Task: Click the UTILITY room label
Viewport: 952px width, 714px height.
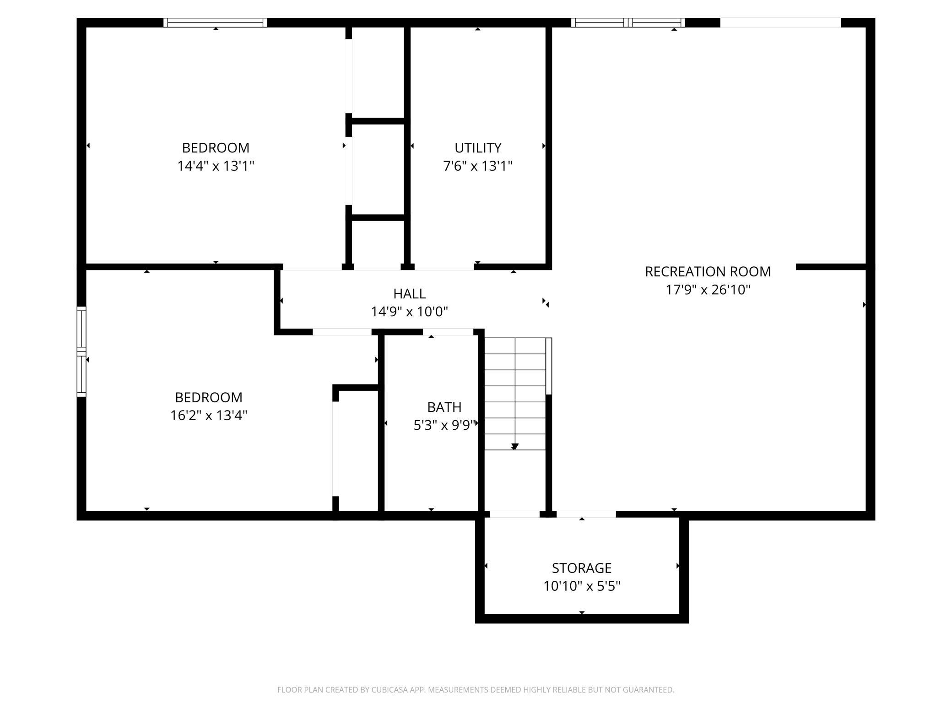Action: [x=478, y=148]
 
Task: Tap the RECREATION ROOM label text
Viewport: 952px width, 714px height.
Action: [x=708, y=272]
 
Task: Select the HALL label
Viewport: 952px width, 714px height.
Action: [x=409, y=294]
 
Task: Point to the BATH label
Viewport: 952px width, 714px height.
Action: [x=444, y=407]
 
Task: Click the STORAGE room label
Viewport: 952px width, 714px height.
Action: [x=582, y=568]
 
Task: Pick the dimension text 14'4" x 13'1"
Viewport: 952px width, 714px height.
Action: [x=216, y=166]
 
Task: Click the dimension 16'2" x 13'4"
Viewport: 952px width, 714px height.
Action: [x=209, y=415]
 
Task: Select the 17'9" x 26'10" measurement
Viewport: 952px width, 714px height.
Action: [x=708, y=290]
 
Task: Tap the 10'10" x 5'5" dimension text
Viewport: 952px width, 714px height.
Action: [x=582, y=586]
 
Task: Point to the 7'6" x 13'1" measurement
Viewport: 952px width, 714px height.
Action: [x=478, y=166]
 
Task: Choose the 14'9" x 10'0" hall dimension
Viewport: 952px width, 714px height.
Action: [x=409, y=312]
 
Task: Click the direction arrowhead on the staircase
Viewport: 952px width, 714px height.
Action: [x=515, y=447]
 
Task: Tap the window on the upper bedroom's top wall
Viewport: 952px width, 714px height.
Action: [x=215, y=23]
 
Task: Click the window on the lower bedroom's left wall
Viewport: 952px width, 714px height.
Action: [x=81, y=352]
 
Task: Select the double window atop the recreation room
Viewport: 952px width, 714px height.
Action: [x=628, y=23]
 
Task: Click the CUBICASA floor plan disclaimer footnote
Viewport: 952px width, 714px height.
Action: [x=476, y=690]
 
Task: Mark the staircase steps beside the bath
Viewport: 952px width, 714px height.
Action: [x=515, y=394]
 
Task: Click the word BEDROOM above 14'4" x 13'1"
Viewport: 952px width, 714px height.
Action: [x=216, y=148]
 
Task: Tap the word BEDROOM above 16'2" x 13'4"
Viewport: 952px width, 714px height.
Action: [x=209, y=397]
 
